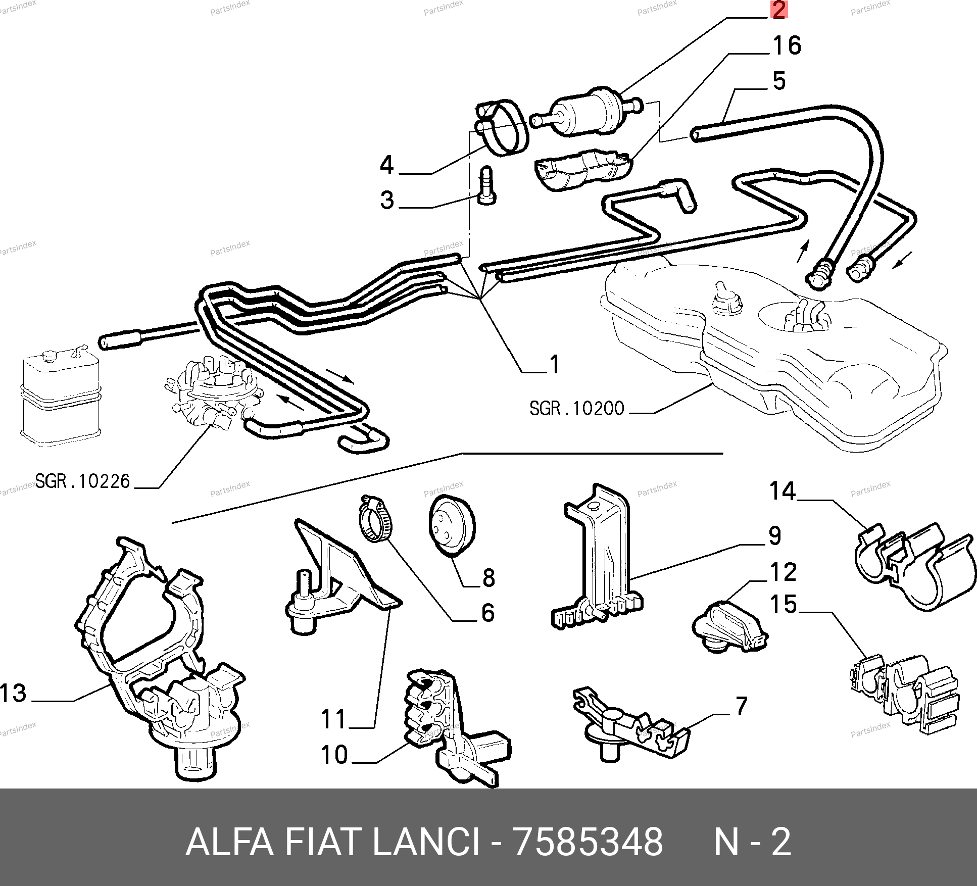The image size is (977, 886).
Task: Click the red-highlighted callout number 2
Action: point(778,10)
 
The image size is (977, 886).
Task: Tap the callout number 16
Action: point(787,45)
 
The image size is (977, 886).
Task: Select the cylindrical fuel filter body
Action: point(581,115)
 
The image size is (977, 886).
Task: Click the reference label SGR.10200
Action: point(576,408)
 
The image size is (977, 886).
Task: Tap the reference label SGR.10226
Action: point(82,481)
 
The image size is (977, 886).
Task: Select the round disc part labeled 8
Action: point(451,526)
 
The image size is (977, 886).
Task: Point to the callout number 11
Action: point(333,719)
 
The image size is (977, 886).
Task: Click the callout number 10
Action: point(334,755)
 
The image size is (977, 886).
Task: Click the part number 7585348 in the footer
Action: point(588,842)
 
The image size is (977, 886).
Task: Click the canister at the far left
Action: point(61,399)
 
